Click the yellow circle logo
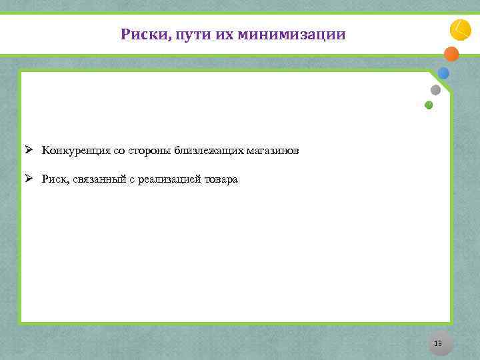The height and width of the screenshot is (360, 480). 460,30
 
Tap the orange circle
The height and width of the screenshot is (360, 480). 451,54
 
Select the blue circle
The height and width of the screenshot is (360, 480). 443,73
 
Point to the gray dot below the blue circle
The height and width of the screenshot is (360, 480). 435,89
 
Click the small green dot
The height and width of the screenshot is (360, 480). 429,105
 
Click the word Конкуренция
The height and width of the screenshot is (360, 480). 72,150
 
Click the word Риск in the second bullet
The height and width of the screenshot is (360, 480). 53,179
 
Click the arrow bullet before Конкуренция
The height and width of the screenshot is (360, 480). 29,149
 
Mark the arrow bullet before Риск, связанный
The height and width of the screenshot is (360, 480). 29,179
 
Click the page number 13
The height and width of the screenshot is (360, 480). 438,343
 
